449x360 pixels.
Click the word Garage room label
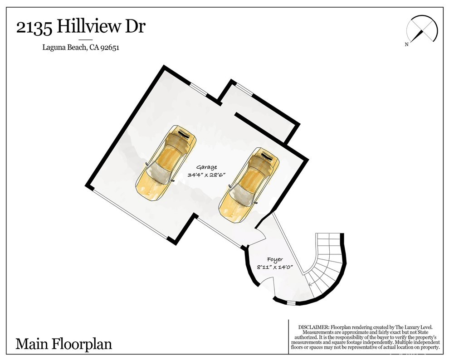pos(206,167)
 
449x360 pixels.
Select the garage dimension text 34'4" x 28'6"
pos(205,175)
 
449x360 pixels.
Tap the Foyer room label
pos(275,260)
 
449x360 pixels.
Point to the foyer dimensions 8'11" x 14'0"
pos(274,268)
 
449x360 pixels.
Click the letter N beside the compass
pos(407,44)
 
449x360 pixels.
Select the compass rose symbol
pos(422,29)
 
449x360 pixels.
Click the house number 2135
pos(34,28)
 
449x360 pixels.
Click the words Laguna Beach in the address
pos(64,48)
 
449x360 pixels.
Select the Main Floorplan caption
pos(63,344)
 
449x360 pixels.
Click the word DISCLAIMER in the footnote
pos(313,327)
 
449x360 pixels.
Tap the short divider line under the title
pos(85,40)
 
